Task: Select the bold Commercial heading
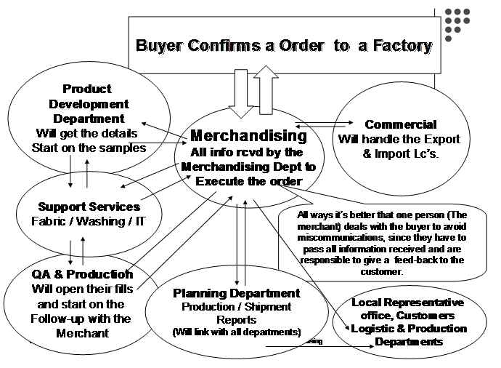401,124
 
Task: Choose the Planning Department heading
236,293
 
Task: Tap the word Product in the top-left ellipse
86,89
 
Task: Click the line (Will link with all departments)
236,332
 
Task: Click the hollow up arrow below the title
264,86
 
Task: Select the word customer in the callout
370,272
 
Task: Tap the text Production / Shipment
236,307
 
